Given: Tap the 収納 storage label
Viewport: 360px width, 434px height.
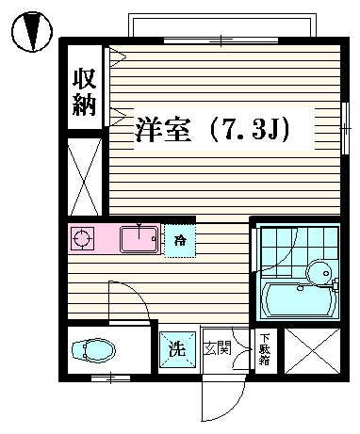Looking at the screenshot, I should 84,90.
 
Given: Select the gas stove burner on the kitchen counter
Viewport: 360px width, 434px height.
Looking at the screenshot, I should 82,239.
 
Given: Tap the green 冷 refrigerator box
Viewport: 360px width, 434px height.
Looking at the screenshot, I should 179,241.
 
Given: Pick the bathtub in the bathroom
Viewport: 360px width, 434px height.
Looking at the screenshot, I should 297,300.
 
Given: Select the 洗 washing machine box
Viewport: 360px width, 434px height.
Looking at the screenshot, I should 176,348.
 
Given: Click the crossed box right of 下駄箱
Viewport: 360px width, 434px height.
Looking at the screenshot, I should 310,349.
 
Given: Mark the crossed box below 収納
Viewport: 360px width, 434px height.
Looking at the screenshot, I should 85,175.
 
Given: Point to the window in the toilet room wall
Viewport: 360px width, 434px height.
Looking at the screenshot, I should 111,378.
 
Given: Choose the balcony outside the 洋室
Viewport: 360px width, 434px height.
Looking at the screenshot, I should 222,26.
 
